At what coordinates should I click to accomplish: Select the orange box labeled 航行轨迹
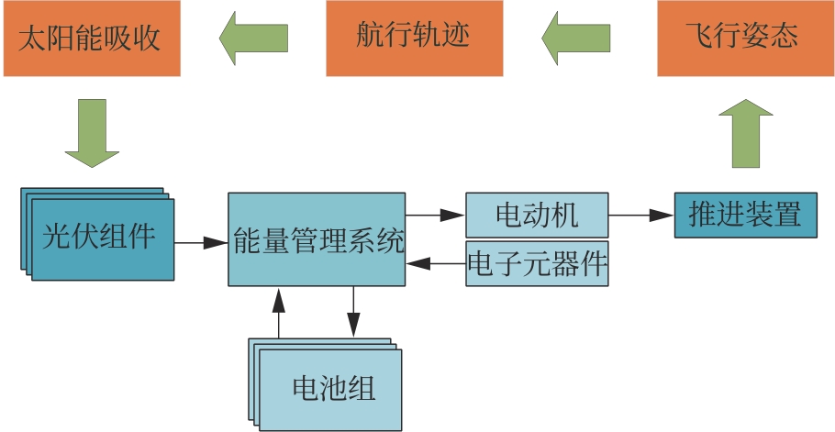click(x=414, y=38)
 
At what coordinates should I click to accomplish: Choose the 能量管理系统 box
click(x=317, y=240)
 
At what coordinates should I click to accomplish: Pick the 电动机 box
click(x=537, y=216)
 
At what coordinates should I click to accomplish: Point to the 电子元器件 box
click(x=537, y=264)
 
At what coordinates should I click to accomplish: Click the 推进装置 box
click(x=745, y=216)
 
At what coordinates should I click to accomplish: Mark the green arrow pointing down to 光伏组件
click(x=94, y=132)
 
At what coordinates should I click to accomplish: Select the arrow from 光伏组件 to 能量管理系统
click(x=201, y=243)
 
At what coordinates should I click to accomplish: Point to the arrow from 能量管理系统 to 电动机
click(x=436, y=216)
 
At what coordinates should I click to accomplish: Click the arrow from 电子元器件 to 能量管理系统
click(x=436, y=264)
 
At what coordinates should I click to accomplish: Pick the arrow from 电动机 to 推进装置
click(x=640, y=216)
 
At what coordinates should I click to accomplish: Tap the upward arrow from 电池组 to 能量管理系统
click(x=278, y=313)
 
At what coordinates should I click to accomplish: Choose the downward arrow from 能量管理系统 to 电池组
click(x=353, y=313)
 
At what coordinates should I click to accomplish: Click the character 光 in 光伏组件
click(x=57, y=237)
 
